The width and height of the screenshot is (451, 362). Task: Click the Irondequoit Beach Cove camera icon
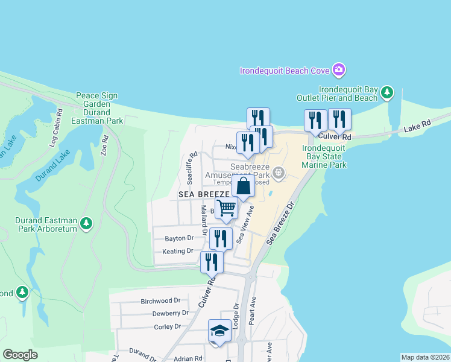point(339,70)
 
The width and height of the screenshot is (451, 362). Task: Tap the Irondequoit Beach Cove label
point(285,71)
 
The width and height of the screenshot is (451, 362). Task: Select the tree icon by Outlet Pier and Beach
point(386,93)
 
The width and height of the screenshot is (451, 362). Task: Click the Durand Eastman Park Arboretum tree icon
point(86,224)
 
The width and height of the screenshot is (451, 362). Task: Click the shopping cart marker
point(227,208)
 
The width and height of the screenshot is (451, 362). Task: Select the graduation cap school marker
point(219,331)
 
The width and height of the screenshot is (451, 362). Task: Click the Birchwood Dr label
point(160,300)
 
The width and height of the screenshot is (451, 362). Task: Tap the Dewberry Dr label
point(170,313)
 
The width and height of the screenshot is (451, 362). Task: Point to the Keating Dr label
point(178,251)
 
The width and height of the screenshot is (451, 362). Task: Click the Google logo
point(20,355)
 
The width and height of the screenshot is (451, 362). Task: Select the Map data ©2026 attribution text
point(425,357)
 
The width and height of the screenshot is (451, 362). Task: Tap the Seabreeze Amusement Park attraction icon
point(278,174)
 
